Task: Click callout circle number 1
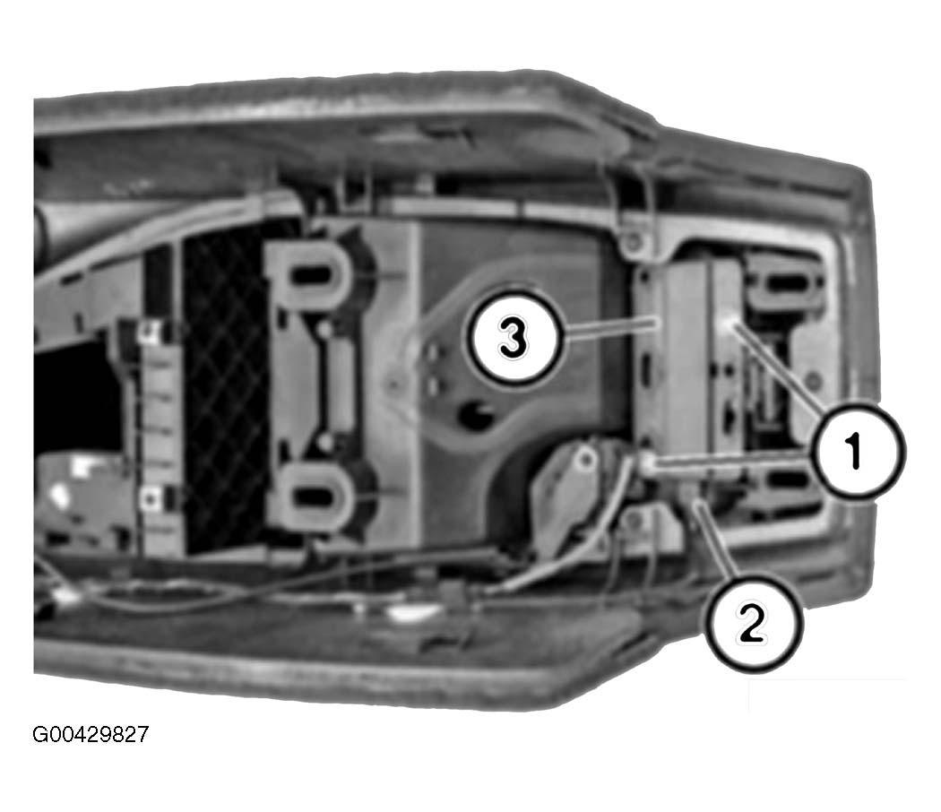(x=858, y=450)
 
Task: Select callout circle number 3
(x=514, y=337)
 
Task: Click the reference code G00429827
(x=90, y=735)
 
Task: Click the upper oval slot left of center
(x=313, y=275)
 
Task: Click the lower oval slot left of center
(x=313, y=496)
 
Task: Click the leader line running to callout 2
(x=715, y=540)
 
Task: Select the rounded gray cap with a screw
(x=563, y=492)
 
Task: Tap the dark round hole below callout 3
(x=477, y=414)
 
